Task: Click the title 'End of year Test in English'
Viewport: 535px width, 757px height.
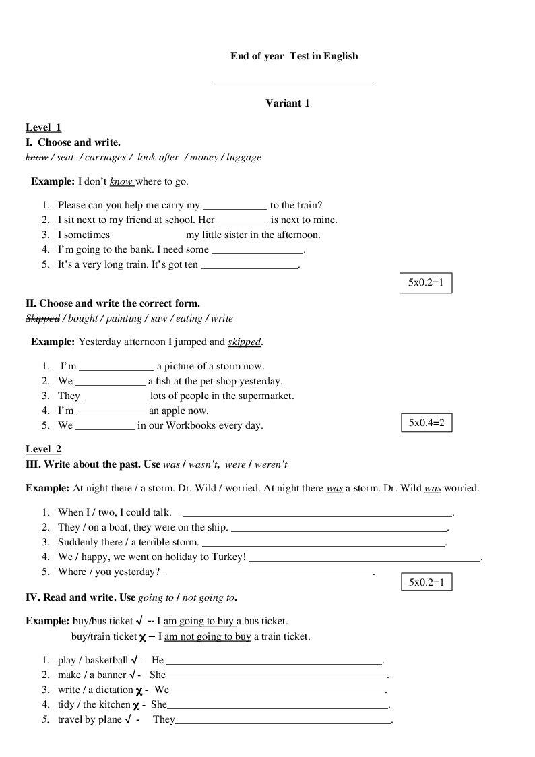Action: [x=294, y=56]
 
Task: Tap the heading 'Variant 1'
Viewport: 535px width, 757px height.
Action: [x=287, y=103]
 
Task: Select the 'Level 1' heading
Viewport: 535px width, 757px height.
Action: [x=43, y=127]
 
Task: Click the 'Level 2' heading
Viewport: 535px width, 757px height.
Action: [x=43, y=449]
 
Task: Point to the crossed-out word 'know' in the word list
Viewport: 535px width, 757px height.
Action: [x=36, y=157]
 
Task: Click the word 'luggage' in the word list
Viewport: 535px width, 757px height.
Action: [x=244, y=157]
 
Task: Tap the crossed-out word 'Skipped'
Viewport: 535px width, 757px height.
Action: [x=42, y=318]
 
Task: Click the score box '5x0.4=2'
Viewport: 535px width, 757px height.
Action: [x=427, y=423]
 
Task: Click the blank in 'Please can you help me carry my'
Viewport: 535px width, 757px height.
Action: [x=234, y=206]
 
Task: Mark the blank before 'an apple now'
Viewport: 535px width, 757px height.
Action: [x=111, y=411]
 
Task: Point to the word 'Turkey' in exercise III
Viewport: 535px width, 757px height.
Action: [x=228, y=557]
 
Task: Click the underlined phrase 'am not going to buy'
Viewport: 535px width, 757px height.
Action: [x=208, y=636]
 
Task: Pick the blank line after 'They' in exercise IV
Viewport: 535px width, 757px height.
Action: [x=283, y=721]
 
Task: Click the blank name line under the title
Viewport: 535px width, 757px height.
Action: [x=292, y=84]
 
